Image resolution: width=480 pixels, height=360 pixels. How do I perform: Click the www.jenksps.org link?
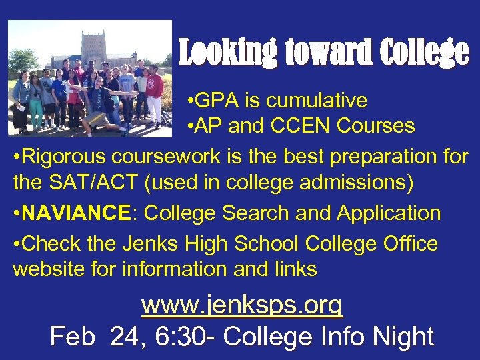[x=241, y=305]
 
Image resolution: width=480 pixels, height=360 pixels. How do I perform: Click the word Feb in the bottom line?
[x=71, y=336]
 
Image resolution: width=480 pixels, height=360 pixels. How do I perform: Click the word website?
[x=45, y=269]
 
